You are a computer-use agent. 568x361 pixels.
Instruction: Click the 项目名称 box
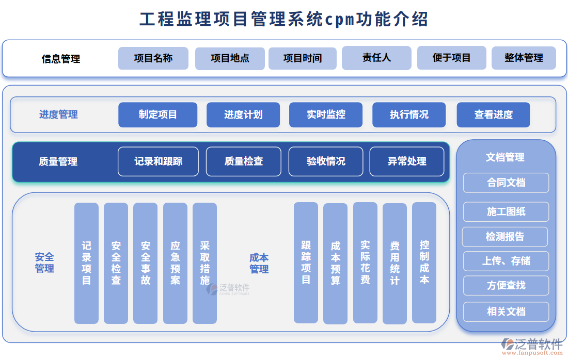pyautogui.click(x=153, y=58)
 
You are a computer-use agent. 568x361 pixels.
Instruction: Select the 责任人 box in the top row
pyautogui.click(x=376, y=58)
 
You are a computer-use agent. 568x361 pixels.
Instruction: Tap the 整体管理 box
pyautogui.click(x=524, y=58)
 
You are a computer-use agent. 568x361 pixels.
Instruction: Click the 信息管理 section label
pyautogui.click(x=61, y=59)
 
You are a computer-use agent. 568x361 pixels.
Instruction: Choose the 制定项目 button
pyautogui.click(x=157, y=114)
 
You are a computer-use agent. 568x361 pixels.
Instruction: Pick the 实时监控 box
pyautogui.click(x=326, y=114)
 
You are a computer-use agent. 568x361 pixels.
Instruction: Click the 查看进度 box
pyautogui.click(x=493, y=114)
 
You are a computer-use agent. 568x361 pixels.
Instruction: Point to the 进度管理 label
pyautogui.click(x=58, y=114)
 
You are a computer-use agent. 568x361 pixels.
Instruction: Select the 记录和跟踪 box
pyautogui.click(x=158, y=161)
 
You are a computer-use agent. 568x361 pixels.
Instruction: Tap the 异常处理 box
pyautogui.click(x=407, y=161)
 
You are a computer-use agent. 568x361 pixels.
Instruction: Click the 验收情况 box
pyautogui.click(x=326, y=161)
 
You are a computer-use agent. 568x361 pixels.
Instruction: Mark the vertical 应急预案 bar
pyautogui.click(x=175, y=263)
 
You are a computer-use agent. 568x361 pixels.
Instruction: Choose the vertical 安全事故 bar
pyautogui.click(x=146, y=263)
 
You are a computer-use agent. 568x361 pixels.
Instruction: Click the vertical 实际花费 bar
pyautogui.click(x=365, y=263)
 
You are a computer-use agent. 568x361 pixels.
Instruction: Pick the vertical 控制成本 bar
pyautogui.click(x=424, y=263)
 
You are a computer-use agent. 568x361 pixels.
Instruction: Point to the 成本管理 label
pyautogui.click(x=259, y=264)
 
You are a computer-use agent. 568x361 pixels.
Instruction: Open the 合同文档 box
pyautogui.click(x=506, y=183)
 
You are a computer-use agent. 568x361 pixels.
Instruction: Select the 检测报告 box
pyautogui.click(x=505, y=237)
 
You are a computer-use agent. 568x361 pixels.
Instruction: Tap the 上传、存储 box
pyautogui.click(x=506, y=261)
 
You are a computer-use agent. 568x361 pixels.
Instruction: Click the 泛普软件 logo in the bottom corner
pyautogui.click(x=532, y=346)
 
